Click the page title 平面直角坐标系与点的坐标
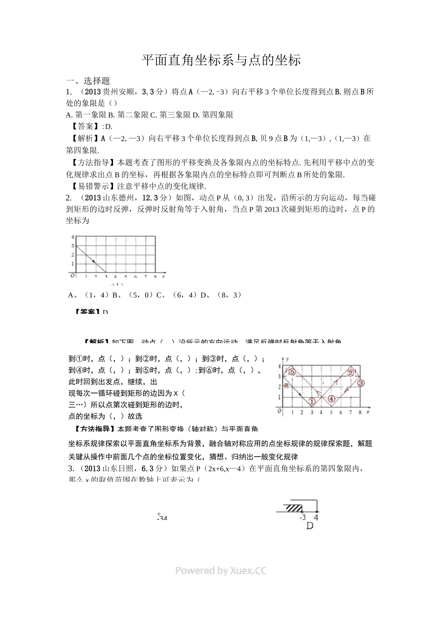coord(221,60)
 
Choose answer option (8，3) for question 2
coord(229,295)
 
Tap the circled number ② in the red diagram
coord(350,373)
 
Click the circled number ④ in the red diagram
coord(331,399)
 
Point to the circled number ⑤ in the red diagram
coord(292,372)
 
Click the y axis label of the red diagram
coord(288,359)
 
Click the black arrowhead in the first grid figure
coord(93,262)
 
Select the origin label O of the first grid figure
coord(72,275)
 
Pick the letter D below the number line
coord(310,526)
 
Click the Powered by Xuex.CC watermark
coord(221,571)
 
